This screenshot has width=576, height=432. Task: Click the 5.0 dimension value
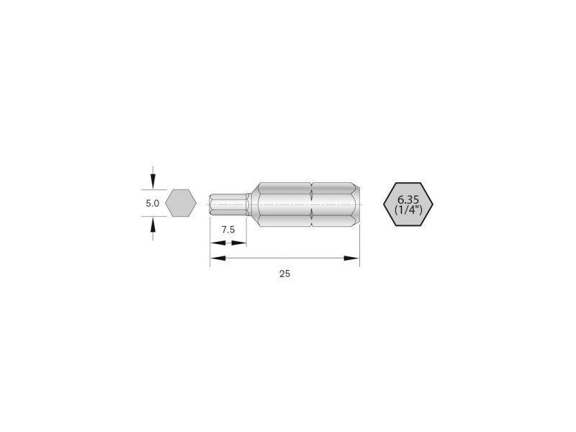click(153, 203)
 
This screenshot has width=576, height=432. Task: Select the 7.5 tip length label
click(228, 230)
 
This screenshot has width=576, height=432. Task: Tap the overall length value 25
click(284, 274)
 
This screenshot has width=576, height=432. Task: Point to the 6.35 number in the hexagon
click(408, 200)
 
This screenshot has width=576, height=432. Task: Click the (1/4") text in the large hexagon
click(408, 210)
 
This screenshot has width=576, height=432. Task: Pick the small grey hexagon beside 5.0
click(181, 203)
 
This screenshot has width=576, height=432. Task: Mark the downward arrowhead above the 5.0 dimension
click(153, 182)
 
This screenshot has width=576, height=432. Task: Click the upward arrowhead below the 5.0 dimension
click(153, 225)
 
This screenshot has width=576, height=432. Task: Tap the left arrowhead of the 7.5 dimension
click(217, 243)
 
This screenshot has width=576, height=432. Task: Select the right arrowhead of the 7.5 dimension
click(239, 243)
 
